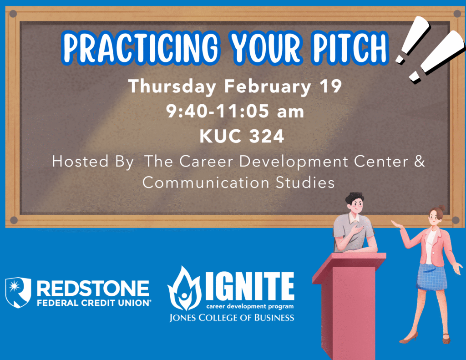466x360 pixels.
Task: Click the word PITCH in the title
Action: tap(350, 48)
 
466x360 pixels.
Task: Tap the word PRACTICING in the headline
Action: tap(140, 48)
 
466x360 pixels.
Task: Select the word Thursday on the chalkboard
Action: tap(172, 86)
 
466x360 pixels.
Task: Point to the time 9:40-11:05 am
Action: tap(235, 111)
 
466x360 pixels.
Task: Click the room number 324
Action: tap(267, 136)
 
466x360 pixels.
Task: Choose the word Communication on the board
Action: tap(206, 182)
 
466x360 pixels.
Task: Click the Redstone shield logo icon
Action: tap(18, 292)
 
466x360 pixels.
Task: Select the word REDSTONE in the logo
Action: tap(93, 289)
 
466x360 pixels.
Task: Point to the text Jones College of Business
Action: tap(232, 318)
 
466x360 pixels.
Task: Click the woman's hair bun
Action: tap(441, 208)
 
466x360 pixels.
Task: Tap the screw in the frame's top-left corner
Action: tap(13, 14)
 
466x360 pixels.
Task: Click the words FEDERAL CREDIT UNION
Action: tap(94, 303)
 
